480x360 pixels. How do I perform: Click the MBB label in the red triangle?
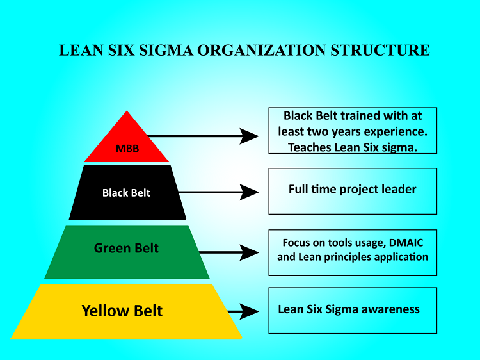[126, 149]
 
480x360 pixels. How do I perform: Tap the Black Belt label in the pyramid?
[126, 192]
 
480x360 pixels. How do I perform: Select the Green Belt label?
[126, 248]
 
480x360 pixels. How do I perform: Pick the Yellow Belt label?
[122, 311]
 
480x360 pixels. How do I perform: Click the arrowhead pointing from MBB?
[250, 136]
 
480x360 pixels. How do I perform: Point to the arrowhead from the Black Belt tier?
[250, 192]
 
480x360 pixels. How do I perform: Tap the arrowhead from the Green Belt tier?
[250, 252]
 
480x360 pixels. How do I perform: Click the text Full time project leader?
[353, 189]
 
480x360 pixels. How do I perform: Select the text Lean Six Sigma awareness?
[349, 309]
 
